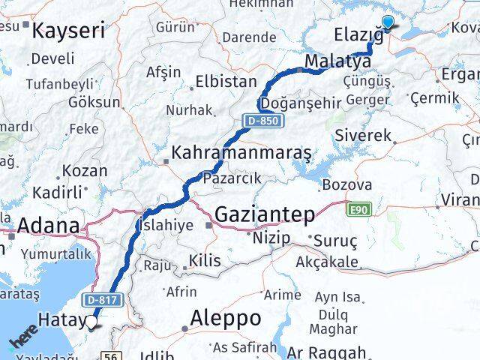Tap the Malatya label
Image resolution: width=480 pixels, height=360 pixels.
338,60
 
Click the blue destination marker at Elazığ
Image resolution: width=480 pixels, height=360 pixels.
388,22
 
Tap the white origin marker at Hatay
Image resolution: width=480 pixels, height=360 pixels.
91,322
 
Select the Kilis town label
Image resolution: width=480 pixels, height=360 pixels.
205,260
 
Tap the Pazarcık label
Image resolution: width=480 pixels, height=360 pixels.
232,178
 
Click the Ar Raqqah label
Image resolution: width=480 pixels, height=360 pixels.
327,352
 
